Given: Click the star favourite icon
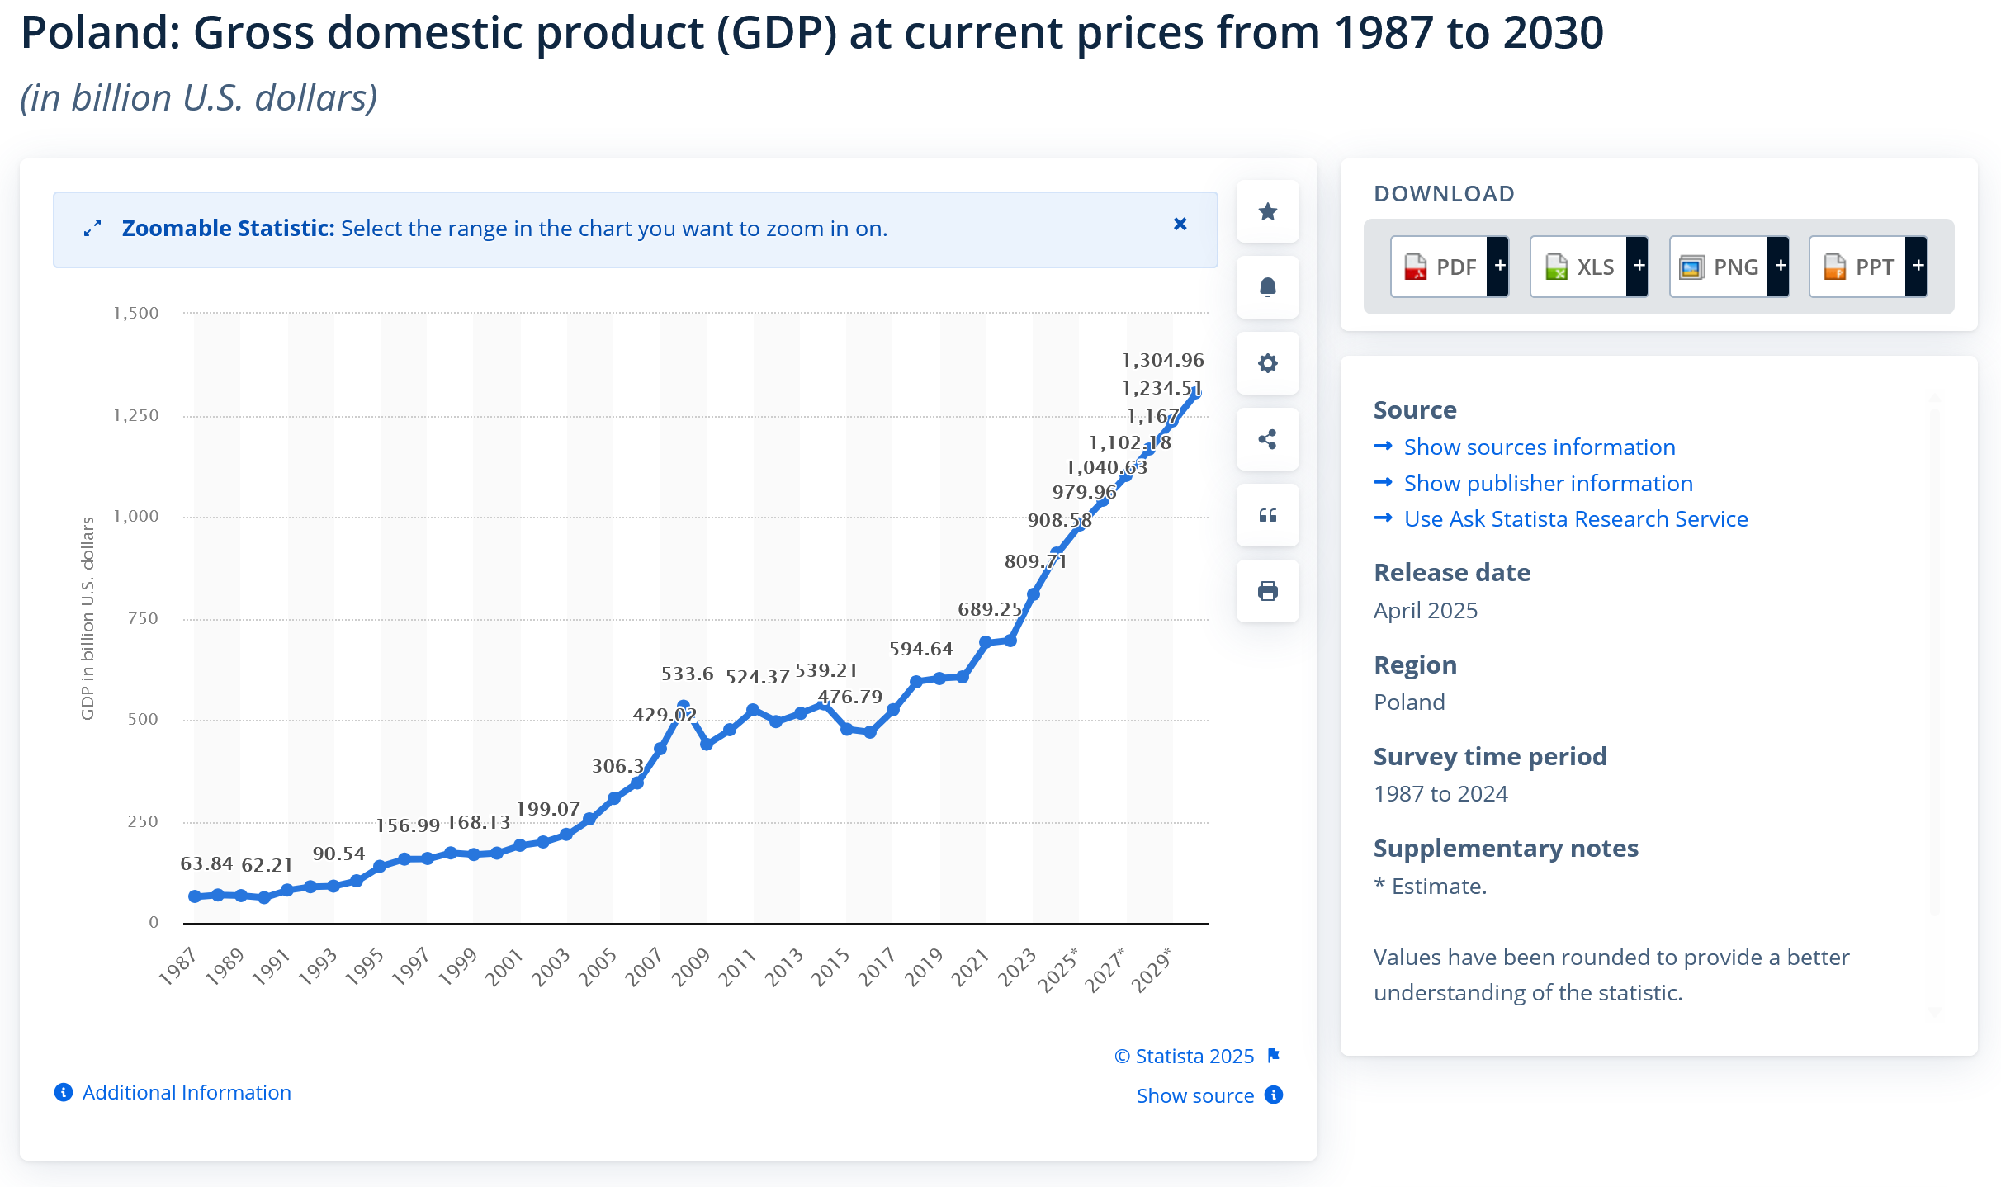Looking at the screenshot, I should point(1267,212).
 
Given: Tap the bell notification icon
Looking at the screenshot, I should point(1267,287).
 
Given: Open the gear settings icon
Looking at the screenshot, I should point(1267,363).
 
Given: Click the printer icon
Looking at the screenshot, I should point(1267,591).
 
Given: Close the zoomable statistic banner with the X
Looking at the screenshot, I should point(1180,224).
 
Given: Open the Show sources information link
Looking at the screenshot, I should point(1539,447).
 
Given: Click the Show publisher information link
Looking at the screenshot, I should point(1548,484).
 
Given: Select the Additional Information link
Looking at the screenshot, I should point(186,1093).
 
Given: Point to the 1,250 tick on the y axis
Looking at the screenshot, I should point(136,415).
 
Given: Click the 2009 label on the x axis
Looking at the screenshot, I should point(690,967).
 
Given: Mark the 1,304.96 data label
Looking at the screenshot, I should point(1162,360).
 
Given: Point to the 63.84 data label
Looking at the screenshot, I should point(206,863).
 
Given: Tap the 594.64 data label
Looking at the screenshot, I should point(920,649).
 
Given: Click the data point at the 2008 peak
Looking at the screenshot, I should point(683,707).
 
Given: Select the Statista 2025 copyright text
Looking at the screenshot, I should point(1185,1057).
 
